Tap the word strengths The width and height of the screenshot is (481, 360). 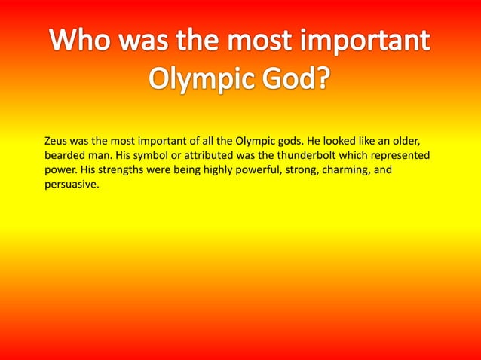click(113, 169)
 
